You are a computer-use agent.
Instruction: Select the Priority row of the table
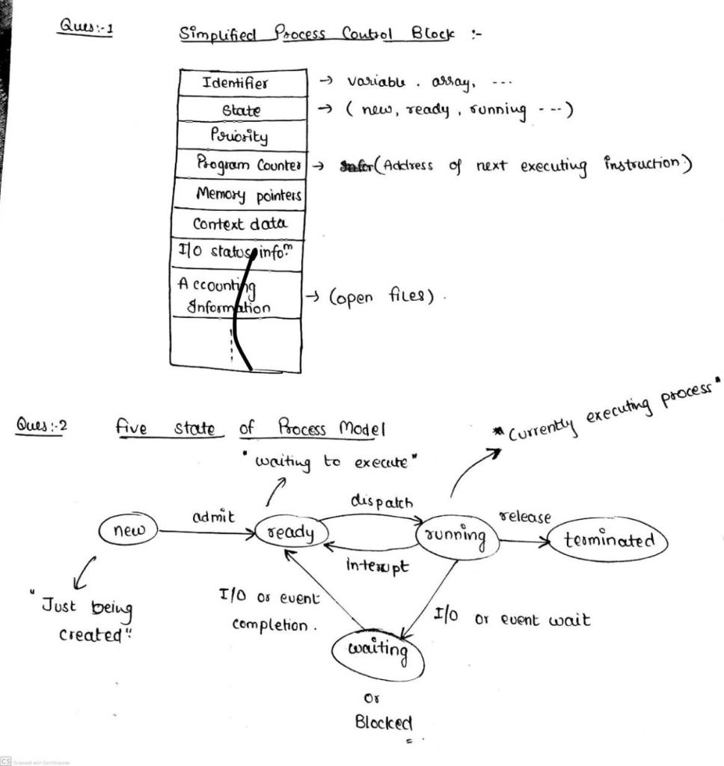tap(239, 136)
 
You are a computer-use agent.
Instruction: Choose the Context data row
tap(238, 224)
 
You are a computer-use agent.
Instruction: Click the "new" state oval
tap(128, 530)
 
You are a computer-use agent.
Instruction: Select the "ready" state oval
tap(293, 533)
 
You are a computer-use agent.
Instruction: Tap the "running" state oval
tap(457, 536)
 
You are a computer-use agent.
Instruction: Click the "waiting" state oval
tap(378, 649)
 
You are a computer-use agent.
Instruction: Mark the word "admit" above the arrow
tap(213, 515)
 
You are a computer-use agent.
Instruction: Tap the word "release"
tap(525, 517)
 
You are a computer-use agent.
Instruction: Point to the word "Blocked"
tap(383, 723)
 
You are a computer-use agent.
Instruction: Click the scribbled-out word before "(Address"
tap(355, 165)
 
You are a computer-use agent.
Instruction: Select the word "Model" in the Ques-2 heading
tap(362, 429)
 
